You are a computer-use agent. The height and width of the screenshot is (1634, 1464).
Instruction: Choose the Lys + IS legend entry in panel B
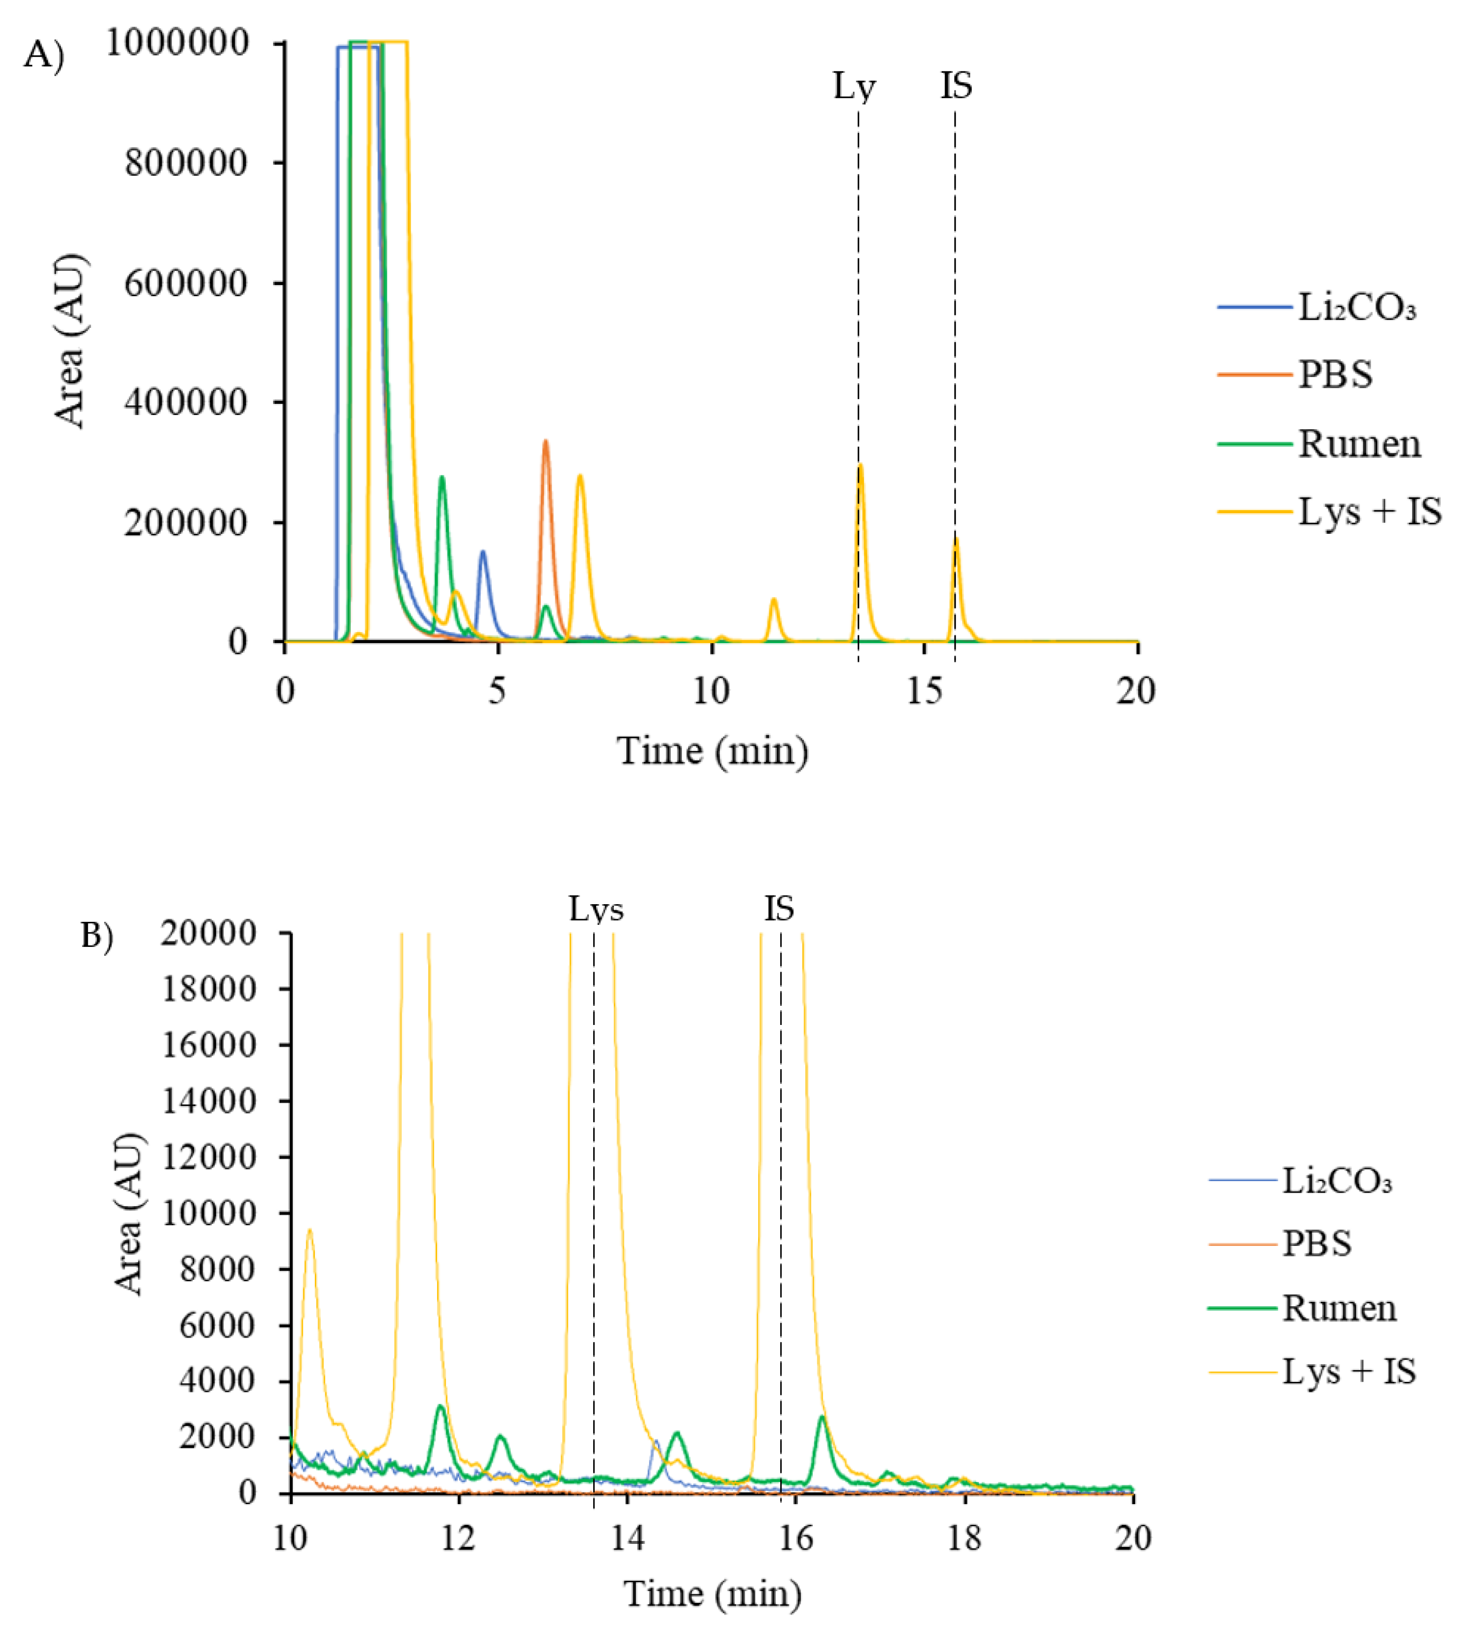tap(1348, 1371)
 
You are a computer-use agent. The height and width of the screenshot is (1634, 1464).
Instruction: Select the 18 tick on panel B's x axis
tap(965, 1538)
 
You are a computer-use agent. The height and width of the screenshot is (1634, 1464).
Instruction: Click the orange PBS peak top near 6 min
tap(545, 441)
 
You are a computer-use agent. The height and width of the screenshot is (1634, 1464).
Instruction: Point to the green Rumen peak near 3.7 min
tap(442, 478)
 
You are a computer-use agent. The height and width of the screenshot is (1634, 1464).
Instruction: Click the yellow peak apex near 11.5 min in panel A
tap(774, 599)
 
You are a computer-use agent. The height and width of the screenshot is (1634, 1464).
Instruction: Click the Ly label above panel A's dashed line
tap(853, 86)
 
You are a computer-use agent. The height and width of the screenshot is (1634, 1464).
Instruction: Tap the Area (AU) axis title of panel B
tap(129, 1214)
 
